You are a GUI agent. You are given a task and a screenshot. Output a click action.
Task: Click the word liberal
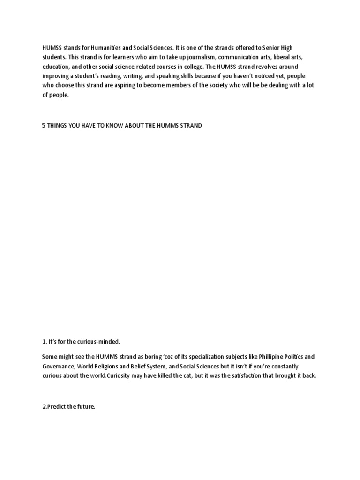click(x=280, y=58)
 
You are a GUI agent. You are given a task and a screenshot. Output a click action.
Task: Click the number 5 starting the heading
click(x=44, y=126)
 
